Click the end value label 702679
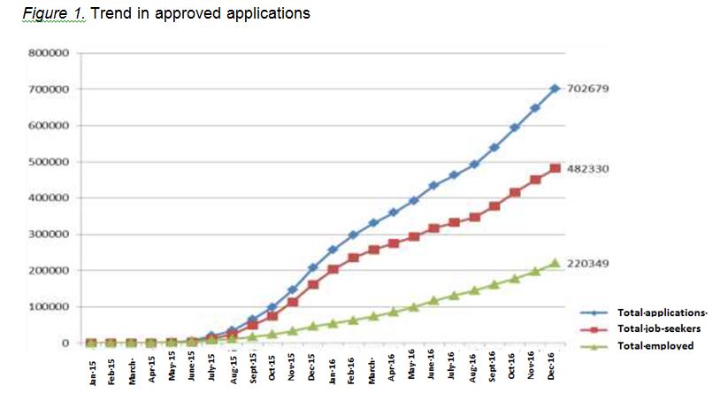pyautogui.click(x=590, y=89)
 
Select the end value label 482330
pyautogui.click(x=590, y=168)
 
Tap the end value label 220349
pyautogui.click(x=590, y=263)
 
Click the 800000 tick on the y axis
pyautogui.click(x=50, y=53)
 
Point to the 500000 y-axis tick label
pyautogui.click(x=50, y=162)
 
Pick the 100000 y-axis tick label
pyautogui.click(x=50, y=307)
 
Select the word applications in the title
pyautogui.click(x=267, y=14)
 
